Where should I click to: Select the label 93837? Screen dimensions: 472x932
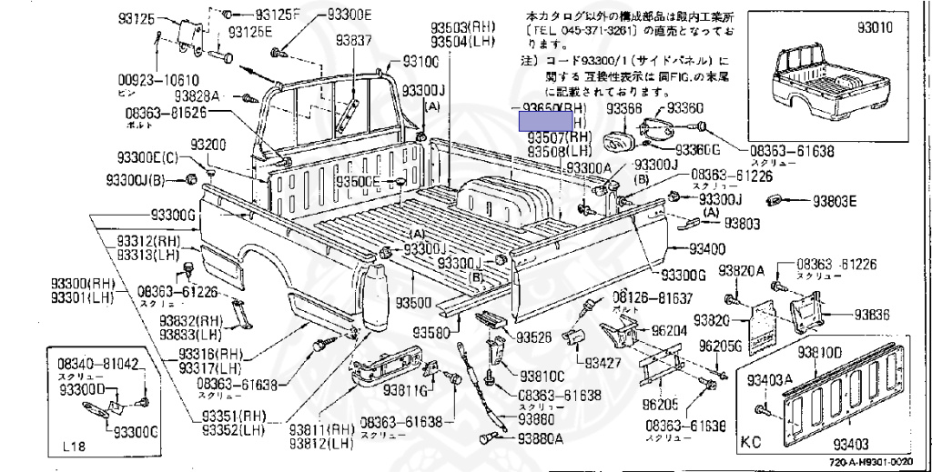pos(353,40)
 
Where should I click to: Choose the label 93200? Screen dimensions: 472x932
pos(208,146)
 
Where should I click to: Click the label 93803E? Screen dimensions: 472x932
pos(835,201)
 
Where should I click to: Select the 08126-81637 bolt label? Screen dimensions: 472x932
pos(652,297)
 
